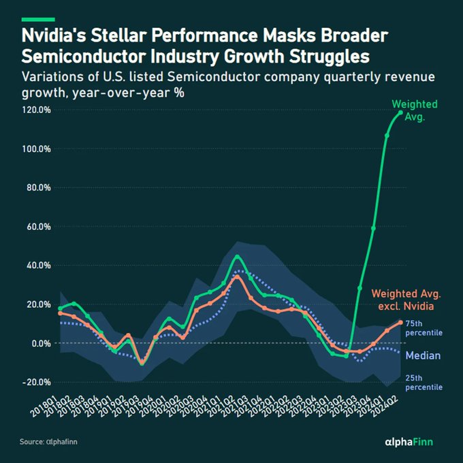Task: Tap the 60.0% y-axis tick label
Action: click(37, 226)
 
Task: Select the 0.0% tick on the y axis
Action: click(41, 343)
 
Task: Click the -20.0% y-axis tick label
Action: click(35, 382)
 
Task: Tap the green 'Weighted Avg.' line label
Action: click(414, 110)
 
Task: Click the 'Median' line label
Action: click(423, 355)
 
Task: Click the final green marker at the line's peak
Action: click(400, 112)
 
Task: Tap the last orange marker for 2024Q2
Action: click(400, 322)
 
